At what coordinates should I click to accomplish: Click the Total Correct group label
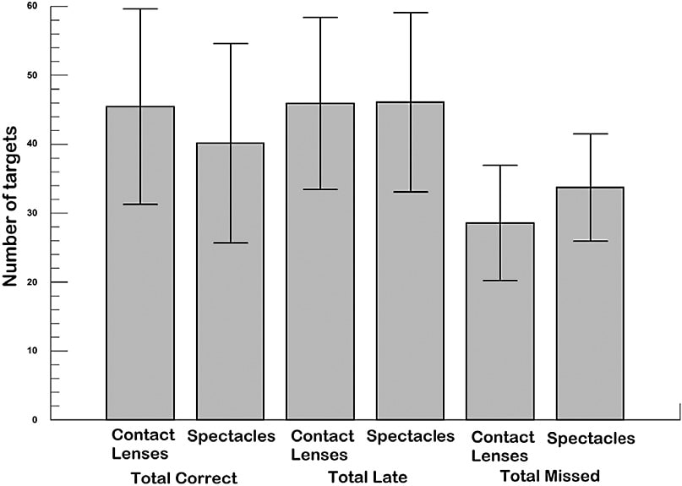click(184, 478)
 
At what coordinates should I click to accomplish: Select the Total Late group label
click(368, 478)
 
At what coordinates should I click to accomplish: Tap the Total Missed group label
click(550, 477)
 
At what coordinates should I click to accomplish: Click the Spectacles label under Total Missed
click(591, 439)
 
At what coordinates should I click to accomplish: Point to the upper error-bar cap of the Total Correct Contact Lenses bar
click(140, 8)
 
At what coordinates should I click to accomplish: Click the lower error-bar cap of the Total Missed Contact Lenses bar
click(500, 281)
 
